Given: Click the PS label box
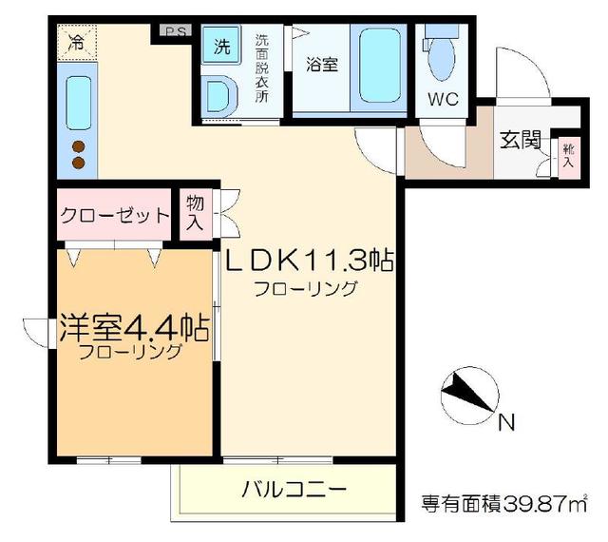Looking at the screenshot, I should pos(174,31).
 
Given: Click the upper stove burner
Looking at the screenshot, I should pos(78,147).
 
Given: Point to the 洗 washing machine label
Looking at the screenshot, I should pos(220,46).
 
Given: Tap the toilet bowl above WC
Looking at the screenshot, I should pos(441,62).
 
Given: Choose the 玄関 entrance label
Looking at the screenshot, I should pos(520,140).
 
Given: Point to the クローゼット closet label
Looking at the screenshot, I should pos(114,215).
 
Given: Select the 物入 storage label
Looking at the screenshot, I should pos(195,213).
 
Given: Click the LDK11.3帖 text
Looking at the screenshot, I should pos(309,259).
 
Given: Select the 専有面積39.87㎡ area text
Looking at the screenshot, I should pos(503,501).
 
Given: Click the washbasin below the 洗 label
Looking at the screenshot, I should pos(221,95).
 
